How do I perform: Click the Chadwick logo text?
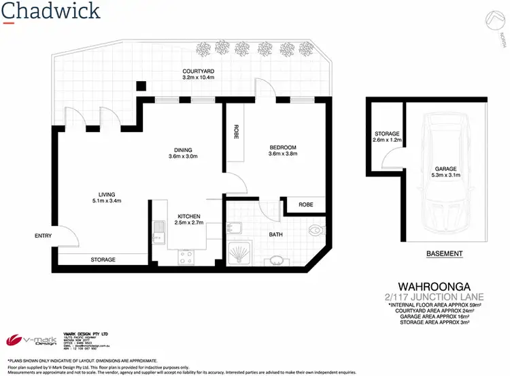pyautogui.click(x=52, y=11)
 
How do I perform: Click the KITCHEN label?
pyautogui.click(x=184, y=216)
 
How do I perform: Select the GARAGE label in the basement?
pyautogui.click(x=447, y=169)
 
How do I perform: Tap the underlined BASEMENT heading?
pyautogui.click(x=444, y=254)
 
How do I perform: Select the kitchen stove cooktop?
pyautogui.click(x=186, y=257)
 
